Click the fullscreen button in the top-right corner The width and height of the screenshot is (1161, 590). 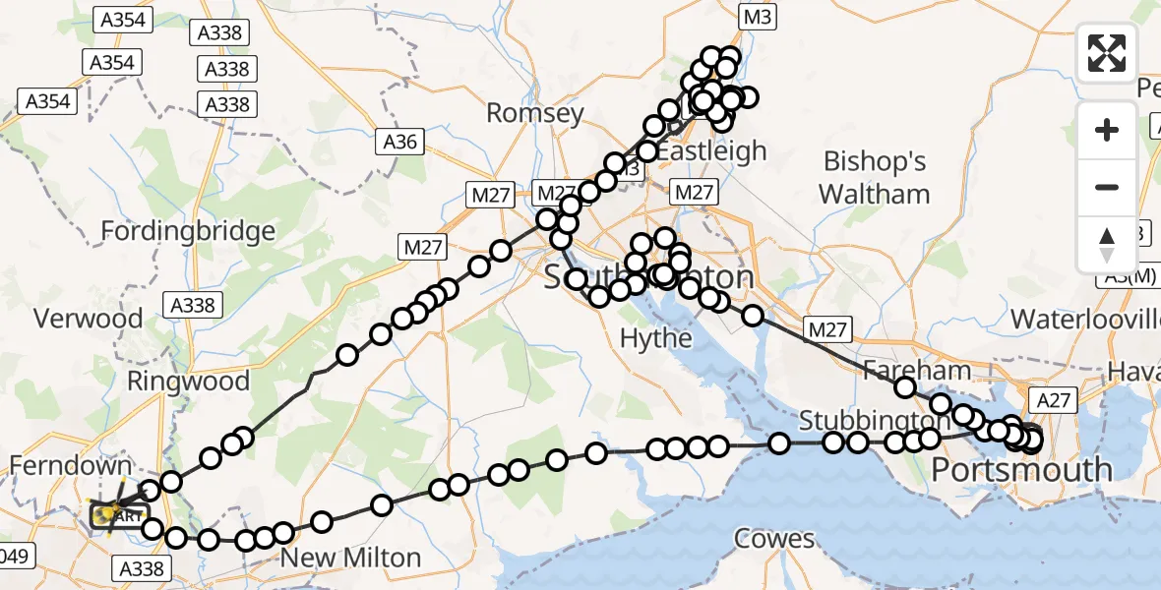coord(1107,53)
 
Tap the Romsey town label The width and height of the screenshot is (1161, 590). coord(535,113)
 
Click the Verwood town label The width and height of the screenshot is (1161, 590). coord(88,319)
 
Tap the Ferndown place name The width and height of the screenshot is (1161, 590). coord(71,465)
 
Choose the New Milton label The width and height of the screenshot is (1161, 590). coord(351,558)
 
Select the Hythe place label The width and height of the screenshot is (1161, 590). coord(656,338)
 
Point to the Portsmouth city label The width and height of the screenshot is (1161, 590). coord(1021,469)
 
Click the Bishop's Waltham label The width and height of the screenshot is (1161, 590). coord(875,177)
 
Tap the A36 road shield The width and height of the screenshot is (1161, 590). coord(400,142)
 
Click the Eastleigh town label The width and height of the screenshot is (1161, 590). coord(711,150)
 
